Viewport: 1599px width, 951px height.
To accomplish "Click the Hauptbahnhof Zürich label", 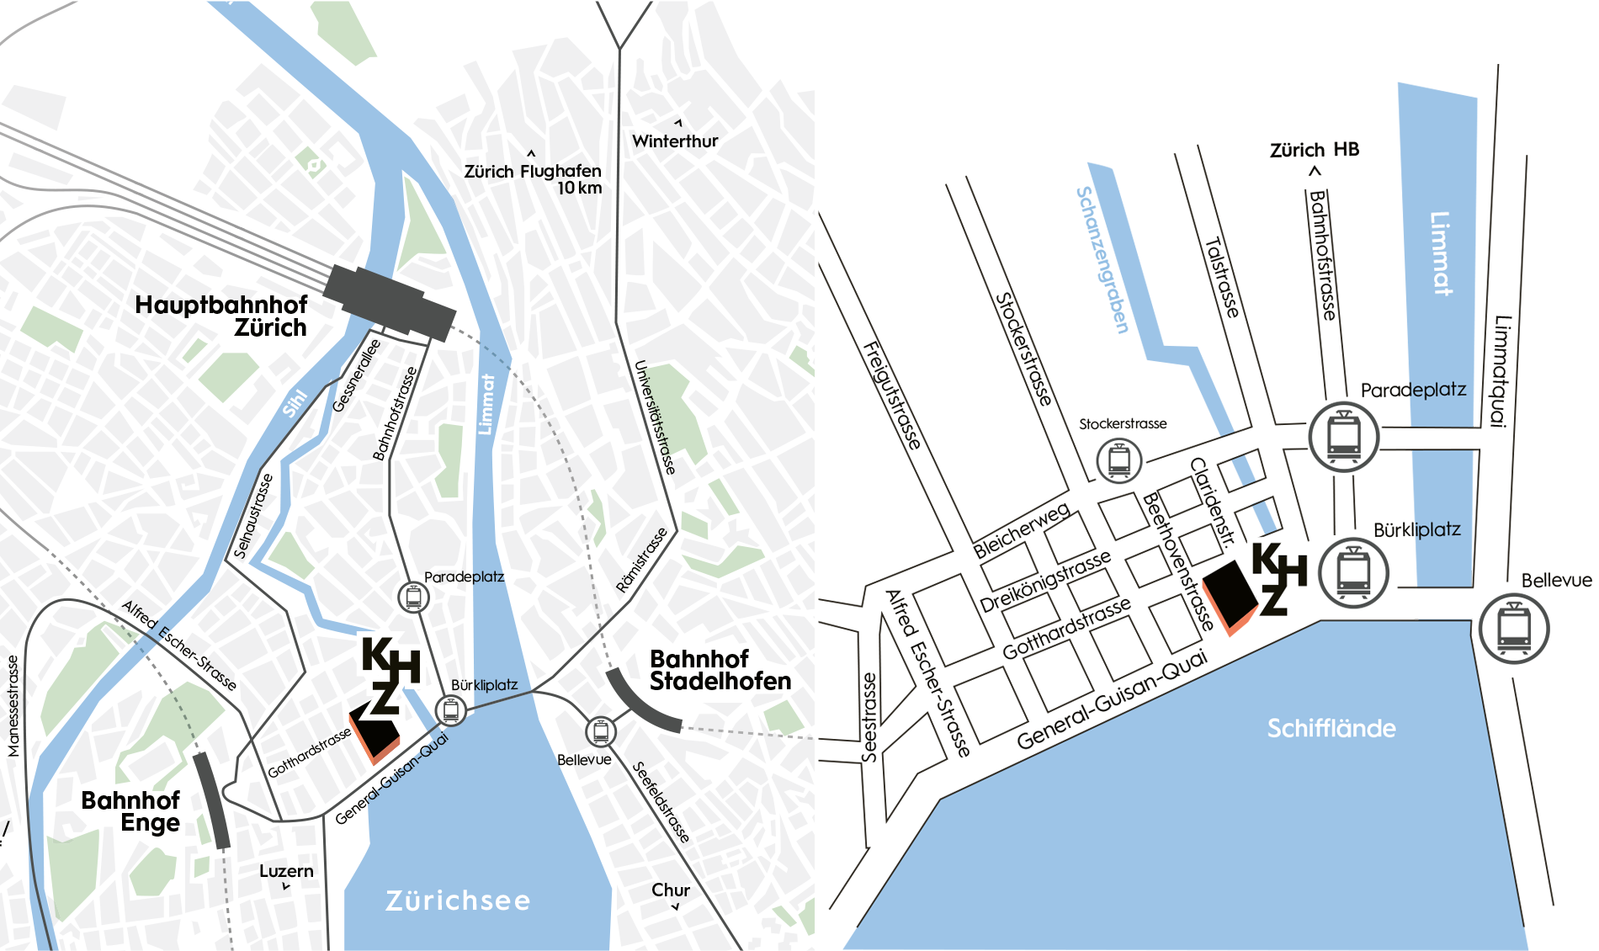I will coord(220,316).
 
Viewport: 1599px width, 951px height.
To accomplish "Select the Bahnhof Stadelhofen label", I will coord(720,670).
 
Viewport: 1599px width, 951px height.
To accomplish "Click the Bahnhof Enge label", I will coord(130,811).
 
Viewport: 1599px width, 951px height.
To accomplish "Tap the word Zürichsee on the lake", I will coord(458,901).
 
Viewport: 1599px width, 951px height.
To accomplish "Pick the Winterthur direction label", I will coord(675,141).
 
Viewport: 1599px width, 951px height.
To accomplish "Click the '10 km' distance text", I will coord(580,188).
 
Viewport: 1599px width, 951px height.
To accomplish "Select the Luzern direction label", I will coord(286,871).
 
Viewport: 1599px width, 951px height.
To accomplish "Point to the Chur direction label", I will coord(671,890).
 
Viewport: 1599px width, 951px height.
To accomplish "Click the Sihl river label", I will coord(295,403).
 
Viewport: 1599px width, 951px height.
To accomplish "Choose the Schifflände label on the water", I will coord(1331,728).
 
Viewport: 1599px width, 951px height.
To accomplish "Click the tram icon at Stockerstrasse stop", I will coord(1119,460).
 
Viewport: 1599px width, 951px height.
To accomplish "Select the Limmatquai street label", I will coord(1501,371).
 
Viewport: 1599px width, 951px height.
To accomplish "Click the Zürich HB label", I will coord(1315,150).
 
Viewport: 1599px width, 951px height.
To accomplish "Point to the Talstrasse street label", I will coord(1222,278).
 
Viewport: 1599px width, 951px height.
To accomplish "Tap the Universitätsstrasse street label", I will coord(655,417).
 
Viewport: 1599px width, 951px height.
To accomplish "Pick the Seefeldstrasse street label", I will coord(661,801).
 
